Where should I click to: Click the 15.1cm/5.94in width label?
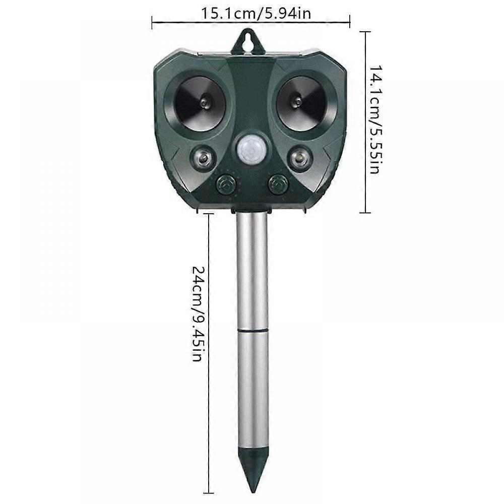click(x=256, y=14)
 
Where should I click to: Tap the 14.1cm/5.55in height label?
click(x=375, y=119)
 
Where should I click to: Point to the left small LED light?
click(x=204, y=157)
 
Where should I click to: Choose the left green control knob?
click(x=225, y=184)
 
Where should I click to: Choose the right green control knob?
click(x=277, y=184)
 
